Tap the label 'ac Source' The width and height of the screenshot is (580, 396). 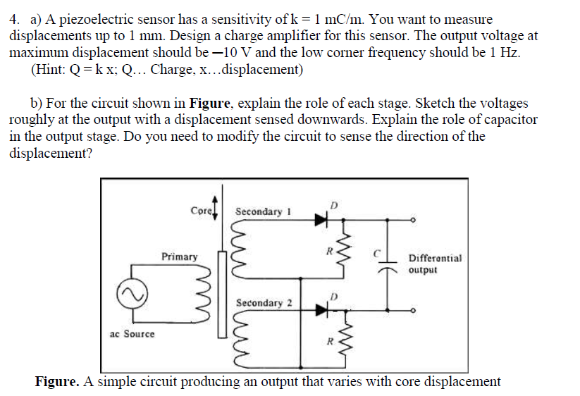point(132,333)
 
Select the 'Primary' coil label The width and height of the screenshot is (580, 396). point(179,256)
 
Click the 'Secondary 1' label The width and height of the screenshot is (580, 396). point(258,211)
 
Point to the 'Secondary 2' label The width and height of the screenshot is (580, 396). point(264,303)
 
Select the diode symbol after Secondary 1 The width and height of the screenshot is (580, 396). point(323,219)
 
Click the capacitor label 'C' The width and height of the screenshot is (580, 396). point(377,251)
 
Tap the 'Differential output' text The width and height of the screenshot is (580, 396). point(435,264)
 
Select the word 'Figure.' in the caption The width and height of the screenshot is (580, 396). point(56,382)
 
